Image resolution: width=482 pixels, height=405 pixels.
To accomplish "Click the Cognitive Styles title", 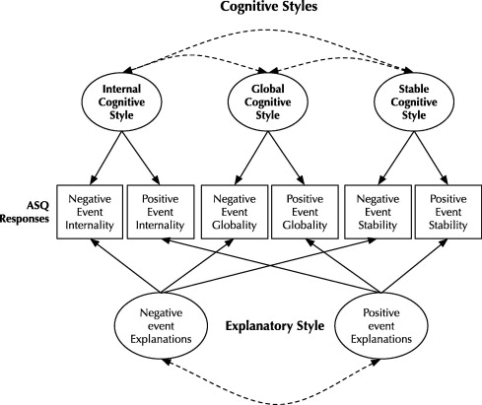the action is [269, 7].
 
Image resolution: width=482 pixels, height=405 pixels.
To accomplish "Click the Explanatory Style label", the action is [275, 326].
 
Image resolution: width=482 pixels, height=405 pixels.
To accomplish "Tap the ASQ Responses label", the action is [25, 212].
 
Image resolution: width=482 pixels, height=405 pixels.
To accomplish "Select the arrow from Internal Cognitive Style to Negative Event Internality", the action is [105, 158].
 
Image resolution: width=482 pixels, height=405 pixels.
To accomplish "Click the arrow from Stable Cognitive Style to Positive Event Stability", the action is [431, 158].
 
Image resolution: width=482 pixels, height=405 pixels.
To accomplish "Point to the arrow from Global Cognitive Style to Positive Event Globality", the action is [286, 158].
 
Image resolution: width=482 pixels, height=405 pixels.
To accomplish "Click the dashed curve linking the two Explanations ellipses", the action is [271, 403].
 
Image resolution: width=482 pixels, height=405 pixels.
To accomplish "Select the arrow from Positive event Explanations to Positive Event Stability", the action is [414, 266].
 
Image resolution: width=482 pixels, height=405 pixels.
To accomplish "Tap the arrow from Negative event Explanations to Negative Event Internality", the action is [125, 266].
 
